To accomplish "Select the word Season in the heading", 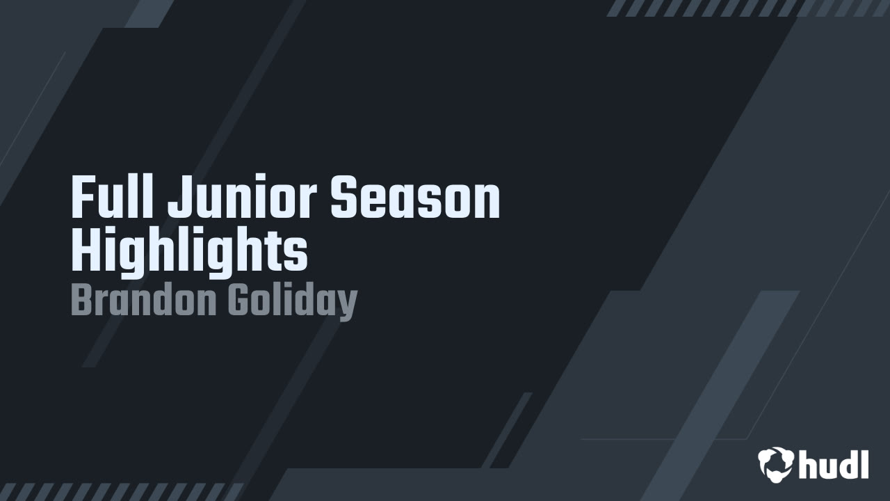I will point(415,198).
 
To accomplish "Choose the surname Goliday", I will point(292,302).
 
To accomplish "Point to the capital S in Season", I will point(343,198).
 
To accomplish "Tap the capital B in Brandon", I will point(81,301).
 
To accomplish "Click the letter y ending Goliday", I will point(348,305).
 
